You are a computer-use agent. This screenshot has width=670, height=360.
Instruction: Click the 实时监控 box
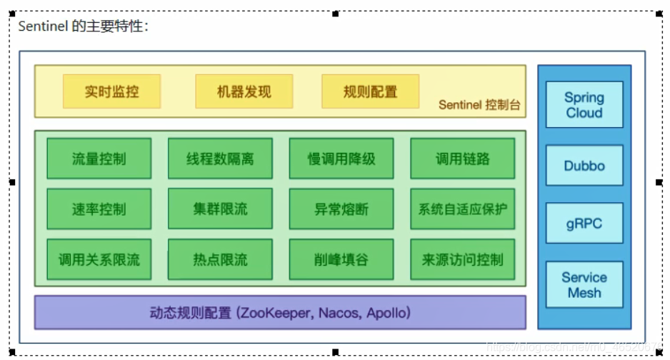coord(111,91)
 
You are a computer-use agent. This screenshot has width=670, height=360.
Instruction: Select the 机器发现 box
coord(244,91)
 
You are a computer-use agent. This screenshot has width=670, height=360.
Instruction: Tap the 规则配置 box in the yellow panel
coord(370,91)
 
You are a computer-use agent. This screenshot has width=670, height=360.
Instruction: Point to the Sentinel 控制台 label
coord(479,105)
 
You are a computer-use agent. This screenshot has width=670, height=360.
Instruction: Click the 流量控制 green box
coord(99,159)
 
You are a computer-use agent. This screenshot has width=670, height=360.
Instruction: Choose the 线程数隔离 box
coord(220,159)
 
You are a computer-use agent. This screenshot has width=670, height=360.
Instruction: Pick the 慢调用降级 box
coord(341,159)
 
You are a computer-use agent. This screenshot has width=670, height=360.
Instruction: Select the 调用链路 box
coord(462,159)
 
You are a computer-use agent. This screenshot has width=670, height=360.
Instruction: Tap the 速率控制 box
coord(99,209)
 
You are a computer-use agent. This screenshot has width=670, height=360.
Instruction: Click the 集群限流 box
coord(220,209)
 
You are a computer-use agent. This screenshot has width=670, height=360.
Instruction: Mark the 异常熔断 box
coord(341,209)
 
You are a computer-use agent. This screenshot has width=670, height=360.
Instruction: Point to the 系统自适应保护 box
coord(462,209)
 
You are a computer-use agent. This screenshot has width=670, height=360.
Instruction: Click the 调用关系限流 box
coord(99,260)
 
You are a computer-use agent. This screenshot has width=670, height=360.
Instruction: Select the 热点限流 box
coord(220,260)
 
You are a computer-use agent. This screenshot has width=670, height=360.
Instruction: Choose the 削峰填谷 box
coord(341,260)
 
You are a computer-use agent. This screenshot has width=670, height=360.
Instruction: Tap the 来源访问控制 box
coord(462,260)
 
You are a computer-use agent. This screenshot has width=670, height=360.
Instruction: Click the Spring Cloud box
coord(584,105)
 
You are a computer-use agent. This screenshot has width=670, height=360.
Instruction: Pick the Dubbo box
coord(584,166)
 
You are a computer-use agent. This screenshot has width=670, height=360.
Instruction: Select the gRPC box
coord(584,224)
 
